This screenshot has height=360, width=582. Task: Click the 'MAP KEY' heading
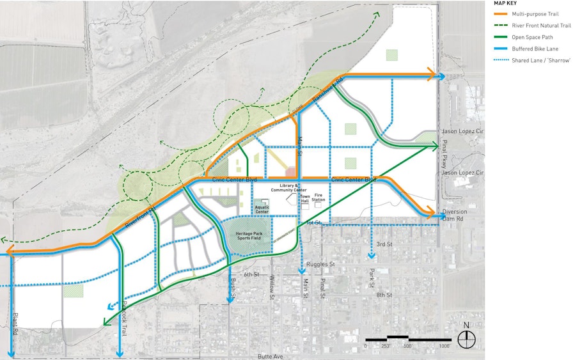coord(507,3)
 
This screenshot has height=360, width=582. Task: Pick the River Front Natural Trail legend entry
coord(540,26)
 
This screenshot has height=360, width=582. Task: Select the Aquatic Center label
coord(262,210)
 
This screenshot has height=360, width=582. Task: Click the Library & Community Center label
coord(289,188)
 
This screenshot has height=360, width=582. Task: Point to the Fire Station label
coord(319,197)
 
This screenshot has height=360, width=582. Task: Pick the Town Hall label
coord(305,198)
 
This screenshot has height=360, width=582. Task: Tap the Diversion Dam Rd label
coord(454,215)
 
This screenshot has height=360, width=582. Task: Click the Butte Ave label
coord(269,356)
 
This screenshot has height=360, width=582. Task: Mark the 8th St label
coord(384,295)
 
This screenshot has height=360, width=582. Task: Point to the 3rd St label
coord(384,245)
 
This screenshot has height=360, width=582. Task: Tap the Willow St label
coord(272,287)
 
